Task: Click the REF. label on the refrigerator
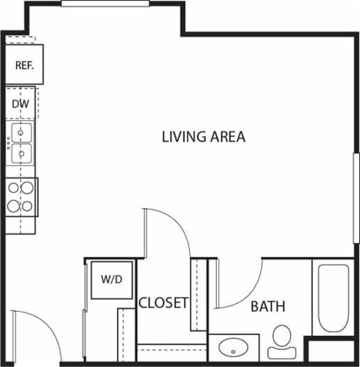(x=25, y=66)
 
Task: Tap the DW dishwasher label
(x=20, y=104)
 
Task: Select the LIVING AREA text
(x=203, y=137)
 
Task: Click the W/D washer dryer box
(x=111, y=280)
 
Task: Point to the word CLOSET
(x=163, y=303)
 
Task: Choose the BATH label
(x=268, y=306)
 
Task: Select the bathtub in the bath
(x=333, y=299)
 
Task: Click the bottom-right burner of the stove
(x=27, y=207)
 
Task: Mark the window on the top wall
(x=105, y=3)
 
